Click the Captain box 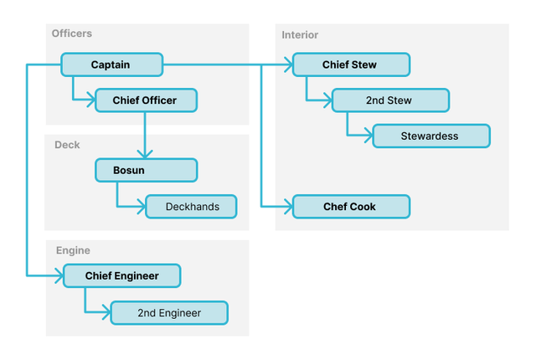pos(111,64)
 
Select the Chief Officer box pos(147,100)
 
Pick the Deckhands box pos(191,206)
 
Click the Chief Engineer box pos(122,275)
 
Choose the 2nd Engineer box pos(169,313)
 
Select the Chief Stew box pos(351,64)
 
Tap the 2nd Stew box pos(389,100)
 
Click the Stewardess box pos(430,136)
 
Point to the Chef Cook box pos(351,206)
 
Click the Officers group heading pos(72,33)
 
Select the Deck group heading pos(67,145)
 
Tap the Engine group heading pos(73,250)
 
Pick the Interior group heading pos(300,35)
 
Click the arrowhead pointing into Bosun pos(146,154)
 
